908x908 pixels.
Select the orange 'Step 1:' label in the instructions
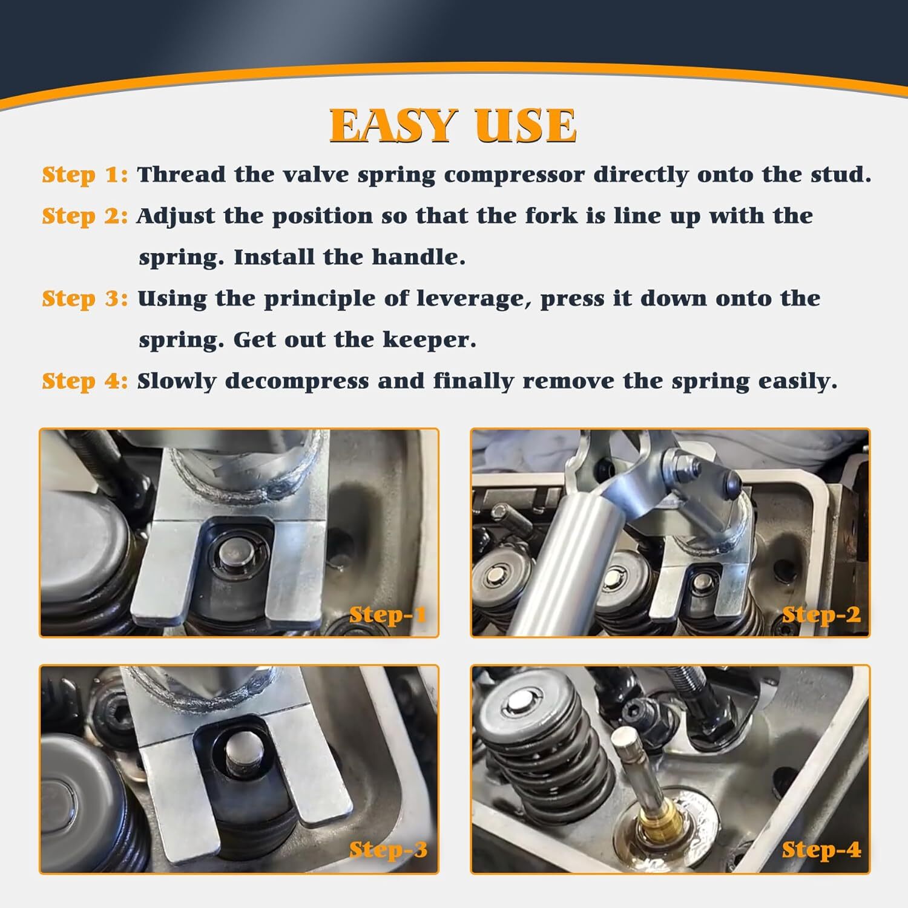[x=85, y=175]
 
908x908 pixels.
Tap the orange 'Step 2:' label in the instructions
[x=85, y=216]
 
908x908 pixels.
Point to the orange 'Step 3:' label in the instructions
[x=85, y=298]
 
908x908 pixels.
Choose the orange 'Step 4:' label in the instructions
[x=85, y=381]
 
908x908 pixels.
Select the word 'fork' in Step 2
[x=551, y=215]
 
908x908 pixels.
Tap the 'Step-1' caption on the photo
[x=389, y=615]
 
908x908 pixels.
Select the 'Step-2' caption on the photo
[x=821, y=615]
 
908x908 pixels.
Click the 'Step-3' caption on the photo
[x=389, y=850]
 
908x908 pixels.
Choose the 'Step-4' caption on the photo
[x=821, y=850]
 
